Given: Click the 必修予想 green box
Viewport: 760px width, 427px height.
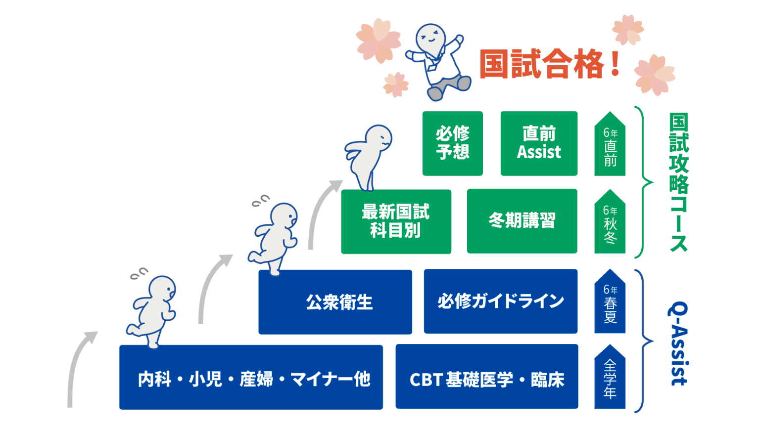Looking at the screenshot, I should (x=452, y=143).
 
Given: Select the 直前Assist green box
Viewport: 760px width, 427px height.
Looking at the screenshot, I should (x=539, y=143).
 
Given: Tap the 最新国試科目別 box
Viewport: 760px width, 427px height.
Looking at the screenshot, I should (x=396, y=221).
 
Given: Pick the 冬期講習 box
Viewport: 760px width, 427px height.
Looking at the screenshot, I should (x=522, y=221).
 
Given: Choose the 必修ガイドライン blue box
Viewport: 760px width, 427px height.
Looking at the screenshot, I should (x=500, y=301).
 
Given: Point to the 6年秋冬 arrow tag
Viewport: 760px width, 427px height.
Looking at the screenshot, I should (x=610, y=223).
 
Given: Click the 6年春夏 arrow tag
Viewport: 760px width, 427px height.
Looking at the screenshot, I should (x=610, y=302).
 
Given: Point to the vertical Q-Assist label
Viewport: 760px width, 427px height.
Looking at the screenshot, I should (x=679, y=343).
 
